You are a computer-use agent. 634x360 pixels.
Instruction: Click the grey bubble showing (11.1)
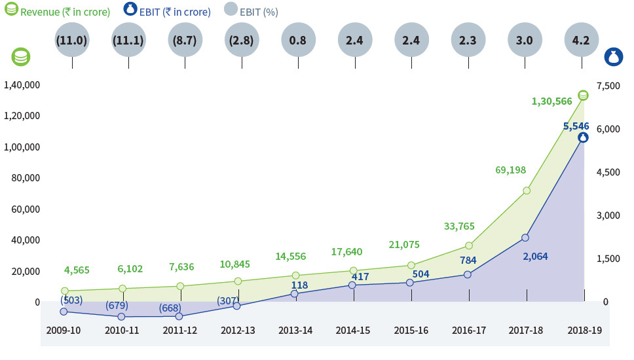[x=128, y=40]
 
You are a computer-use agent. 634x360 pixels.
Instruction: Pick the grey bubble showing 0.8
[x=297, y=40]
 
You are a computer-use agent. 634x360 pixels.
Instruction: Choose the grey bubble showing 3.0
[x=525, y=40]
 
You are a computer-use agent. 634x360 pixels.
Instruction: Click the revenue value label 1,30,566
[x=551, y=101]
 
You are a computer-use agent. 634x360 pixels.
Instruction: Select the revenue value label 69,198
[x=511, y=170]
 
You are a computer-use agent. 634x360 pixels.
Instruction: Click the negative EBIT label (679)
[x=117, y=305]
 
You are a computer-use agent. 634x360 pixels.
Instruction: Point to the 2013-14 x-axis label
[x=295, y=330]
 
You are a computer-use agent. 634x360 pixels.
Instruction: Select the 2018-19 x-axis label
[x=584, y=330]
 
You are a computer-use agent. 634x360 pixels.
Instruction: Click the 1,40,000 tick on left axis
[x=22, y=85]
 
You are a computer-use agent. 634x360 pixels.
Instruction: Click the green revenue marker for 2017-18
[x=526, y=190]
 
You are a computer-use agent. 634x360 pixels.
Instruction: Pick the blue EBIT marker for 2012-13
[x=236, y=306]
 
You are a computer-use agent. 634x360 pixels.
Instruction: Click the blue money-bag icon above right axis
[x=612, y=57]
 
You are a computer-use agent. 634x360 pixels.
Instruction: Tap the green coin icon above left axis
[x=21, y=57]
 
